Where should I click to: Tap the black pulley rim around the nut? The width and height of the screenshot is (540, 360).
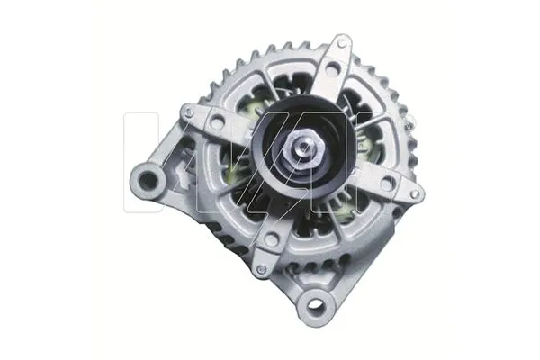(270, 166)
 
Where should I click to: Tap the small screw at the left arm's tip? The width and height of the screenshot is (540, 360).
(187, 112)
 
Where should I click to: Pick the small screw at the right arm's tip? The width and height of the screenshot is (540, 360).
(415, 193)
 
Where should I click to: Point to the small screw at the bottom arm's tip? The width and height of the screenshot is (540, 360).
(261, 268)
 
